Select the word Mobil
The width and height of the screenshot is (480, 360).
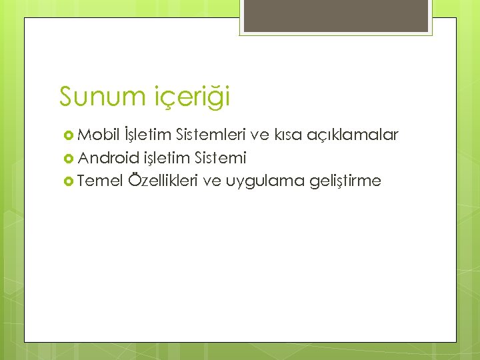(x=96, y=135)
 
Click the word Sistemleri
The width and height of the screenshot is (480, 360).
(x=211, y=135)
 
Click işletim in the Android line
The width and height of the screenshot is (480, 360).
(x=167, y=159)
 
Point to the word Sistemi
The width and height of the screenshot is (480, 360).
(x=221, y=158)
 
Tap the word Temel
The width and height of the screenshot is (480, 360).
(x=100, y=181)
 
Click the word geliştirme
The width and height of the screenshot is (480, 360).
(x=346, y=181)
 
